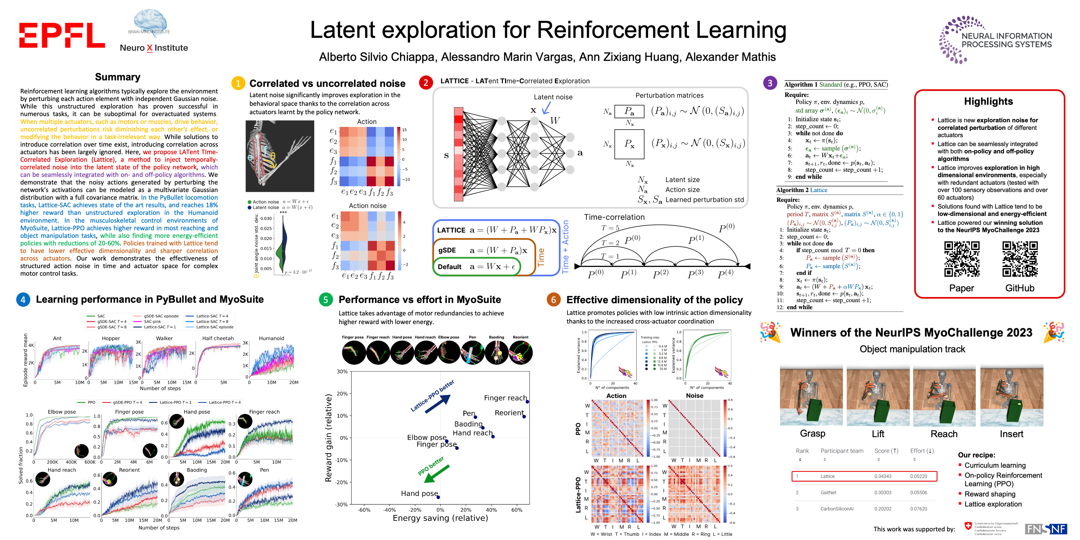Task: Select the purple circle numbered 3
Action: (770, 83)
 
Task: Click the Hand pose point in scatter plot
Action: (438, 497)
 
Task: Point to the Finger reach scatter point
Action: (527, 402)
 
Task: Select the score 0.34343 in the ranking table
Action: (883, 476)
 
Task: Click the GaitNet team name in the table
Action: (828, 493)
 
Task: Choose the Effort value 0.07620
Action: (919, 509)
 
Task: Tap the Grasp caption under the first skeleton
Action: (812, 434)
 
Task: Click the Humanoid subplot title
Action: (271, 338)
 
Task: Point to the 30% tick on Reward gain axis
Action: (342, 372)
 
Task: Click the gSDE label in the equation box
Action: (447, 250)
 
